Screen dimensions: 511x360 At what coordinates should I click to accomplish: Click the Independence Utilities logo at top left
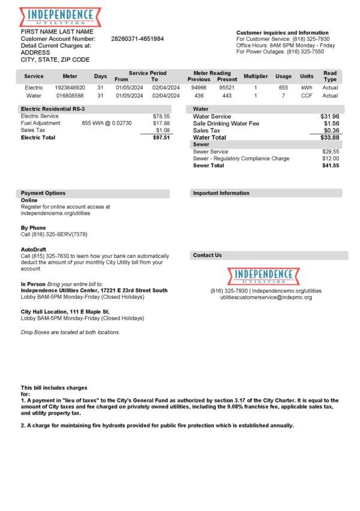point(60,16)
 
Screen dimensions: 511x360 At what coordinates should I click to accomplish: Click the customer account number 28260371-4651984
point(137,38)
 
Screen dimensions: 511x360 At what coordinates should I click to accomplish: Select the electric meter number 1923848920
point(70,88)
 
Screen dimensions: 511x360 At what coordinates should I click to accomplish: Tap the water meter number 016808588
point(70,95)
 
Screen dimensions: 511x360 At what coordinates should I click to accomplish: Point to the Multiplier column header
point(255,76)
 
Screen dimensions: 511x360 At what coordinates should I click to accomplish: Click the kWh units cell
point(307,88)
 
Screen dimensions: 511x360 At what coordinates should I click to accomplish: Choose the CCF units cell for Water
point(307,95)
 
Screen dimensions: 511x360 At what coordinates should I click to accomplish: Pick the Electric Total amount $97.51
point(161,137)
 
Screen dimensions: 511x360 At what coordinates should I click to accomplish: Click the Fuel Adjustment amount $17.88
point(161,123)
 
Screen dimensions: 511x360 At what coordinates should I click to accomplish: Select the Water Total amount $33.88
point(332,137)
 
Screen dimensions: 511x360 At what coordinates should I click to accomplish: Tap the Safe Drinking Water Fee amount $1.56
point(332,123)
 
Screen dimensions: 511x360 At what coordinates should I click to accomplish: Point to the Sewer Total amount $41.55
point(331,166)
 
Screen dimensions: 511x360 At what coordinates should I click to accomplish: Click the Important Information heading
point(221,193)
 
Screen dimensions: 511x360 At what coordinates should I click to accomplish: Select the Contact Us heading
point(207,256)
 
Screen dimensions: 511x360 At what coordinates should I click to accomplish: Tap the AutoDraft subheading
point(34,249)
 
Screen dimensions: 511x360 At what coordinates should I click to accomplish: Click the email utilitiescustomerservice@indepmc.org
point(266,297)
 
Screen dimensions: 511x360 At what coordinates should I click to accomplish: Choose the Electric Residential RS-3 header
point(53,109)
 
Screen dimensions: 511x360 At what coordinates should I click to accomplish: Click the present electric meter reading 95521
point(227,88)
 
